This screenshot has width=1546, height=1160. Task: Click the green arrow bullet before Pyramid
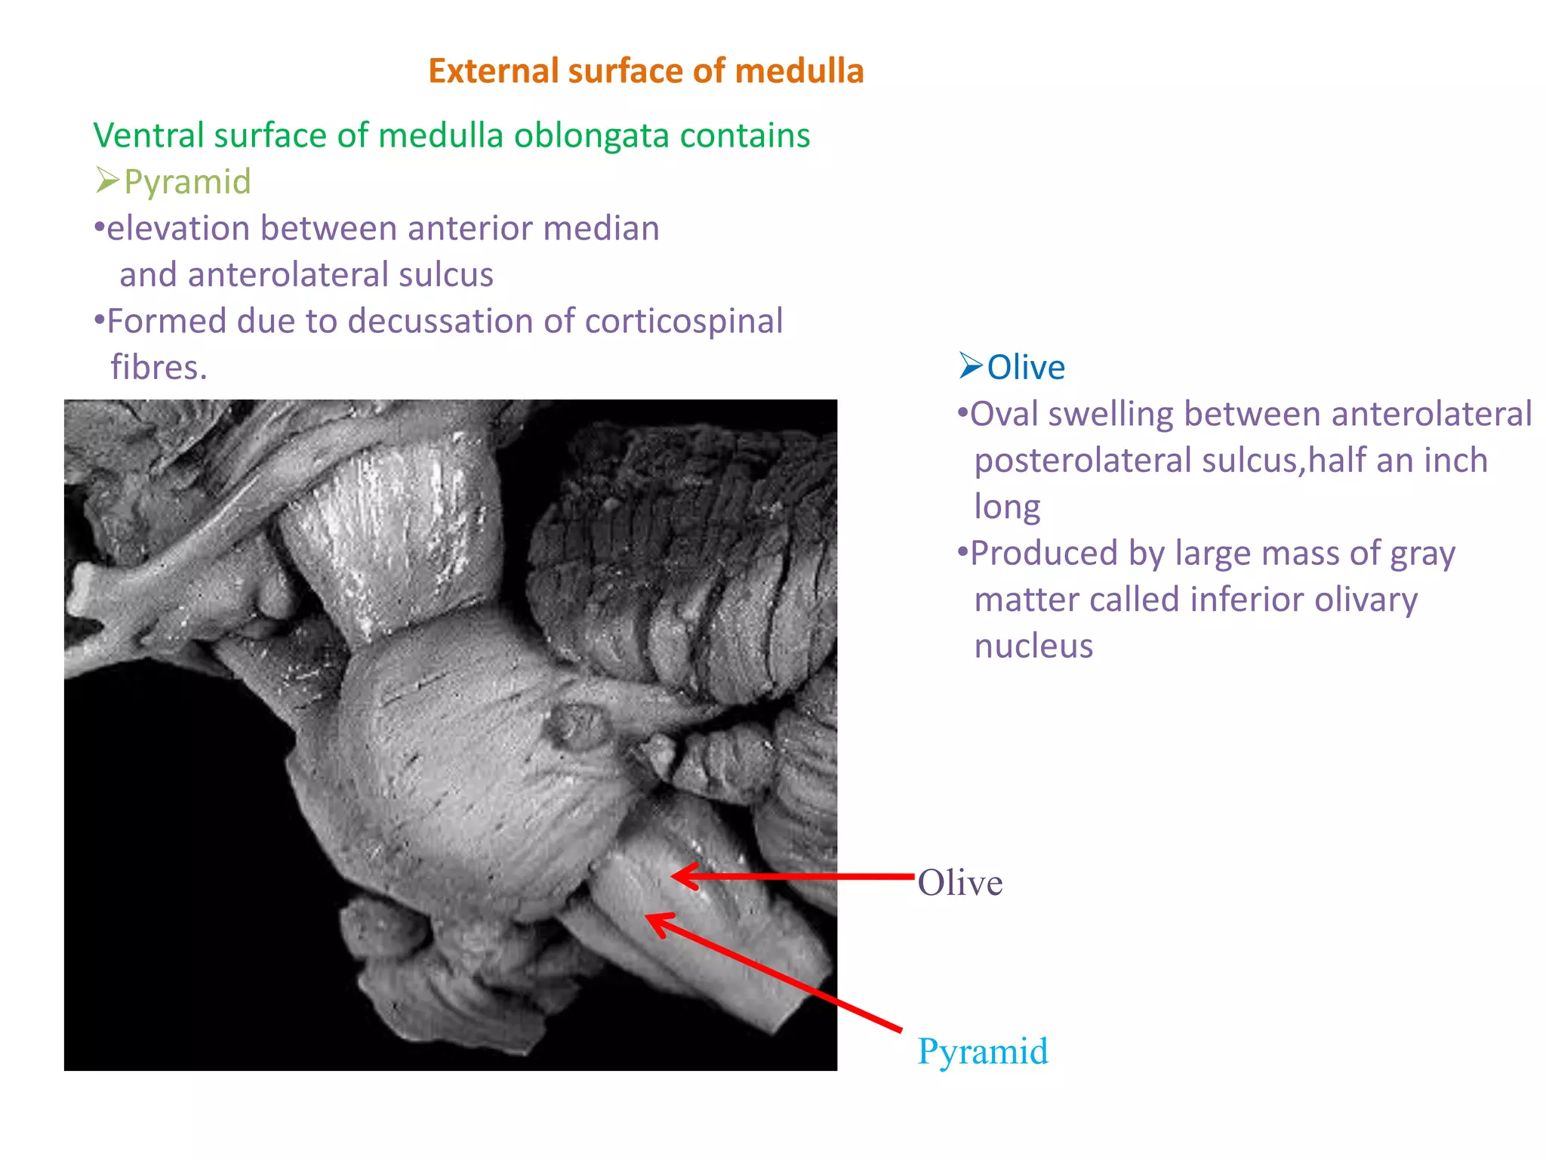pyautogui.click(x=107, y=180)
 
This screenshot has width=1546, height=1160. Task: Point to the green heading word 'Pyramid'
pyautogui.click(x=187, y=182)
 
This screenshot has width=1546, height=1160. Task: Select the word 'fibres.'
pyautogui.click(x=159, y=368)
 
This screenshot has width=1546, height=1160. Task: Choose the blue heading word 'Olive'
pyautogui.click(x=1026, y=368)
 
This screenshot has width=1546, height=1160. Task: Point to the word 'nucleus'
pyautogui.click(x=1033, y=646)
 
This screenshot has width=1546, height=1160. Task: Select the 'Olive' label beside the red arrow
pyautogui.click(x=959, y=883)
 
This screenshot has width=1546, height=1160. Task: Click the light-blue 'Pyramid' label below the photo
pyautogui.click(x=982, y=1051)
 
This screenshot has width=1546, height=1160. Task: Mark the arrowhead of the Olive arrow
pyautogui.click(x=676, y=876)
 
